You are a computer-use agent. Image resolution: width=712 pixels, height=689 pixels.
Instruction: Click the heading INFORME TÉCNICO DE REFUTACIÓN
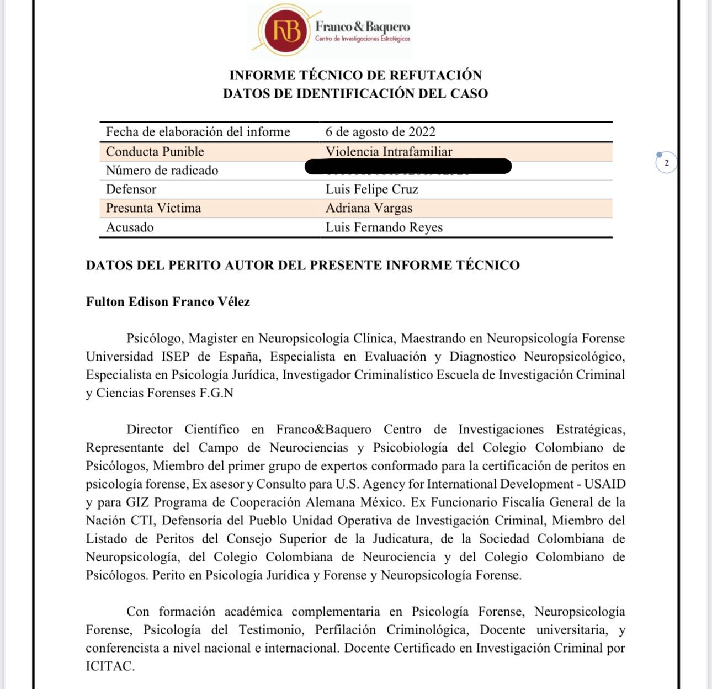[x=355, y=75]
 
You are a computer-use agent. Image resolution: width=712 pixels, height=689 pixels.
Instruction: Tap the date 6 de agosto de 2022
[x=380, y=132]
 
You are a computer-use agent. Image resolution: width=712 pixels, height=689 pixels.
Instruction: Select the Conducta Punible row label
[x=155, y=152]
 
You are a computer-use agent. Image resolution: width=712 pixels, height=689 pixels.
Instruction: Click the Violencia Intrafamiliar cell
[x=389, y=152]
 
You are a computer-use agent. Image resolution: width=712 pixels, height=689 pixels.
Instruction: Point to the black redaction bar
[x=408, y=166]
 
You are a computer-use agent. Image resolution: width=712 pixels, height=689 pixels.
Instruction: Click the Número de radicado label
[x=162, y=171]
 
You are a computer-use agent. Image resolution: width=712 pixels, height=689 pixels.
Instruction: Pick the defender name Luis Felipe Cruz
[x=371, y=189]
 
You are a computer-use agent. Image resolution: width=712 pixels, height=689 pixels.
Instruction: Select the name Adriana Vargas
[x=369, y=208]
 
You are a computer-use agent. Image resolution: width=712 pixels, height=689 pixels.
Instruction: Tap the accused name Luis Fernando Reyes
[x=384, y=227]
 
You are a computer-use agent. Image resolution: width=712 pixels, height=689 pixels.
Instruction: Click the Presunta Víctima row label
[x=153, y=208]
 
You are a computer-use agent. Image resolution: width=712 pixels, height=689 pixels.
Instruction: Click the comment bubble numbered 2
[x=666, y=163]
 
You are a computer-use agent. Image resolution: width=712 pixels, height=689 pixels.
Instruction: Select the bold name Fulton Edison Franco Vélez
[x=168, y=301]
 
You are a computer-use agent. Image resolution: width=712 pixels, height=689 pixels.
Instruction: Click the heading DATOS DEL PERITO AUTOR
[x=302, y=265]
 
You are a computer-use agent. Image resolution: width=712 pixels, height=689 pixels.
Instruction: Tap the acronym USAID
[x=604, y=484]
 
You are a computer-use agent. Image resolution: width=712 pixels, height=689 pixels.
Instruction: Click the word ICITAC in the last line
[x=110, y=666]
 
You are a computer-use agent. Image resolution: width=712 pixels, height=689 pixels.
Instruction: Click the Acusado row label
[x=130, y=227]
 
